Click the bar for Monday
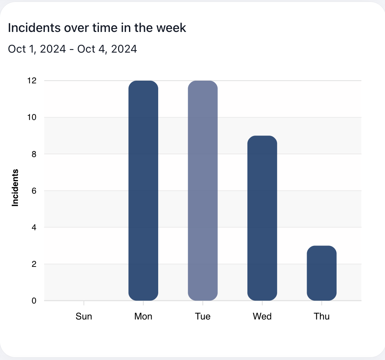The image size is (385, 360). pos(143,191)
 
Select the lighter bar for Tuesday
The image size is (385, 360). pos(203,191)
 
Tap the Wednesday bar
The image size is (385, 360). pos(262,218)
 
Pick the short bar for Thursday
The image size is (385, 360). pos(321,273)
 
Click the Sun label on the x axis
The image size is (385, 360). pos(84,316)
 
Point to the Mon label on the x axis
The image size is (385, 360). pos(143,316)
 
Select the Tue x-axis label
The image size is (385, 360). pos(203,316)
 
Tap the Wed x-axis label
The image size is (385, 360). pos(262,316)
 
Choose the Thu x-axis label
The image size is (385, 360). pos(321,316)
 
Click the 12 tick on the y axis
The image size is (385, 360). pos(32,81)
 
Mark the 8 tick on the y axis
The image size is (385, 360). pos(34,154)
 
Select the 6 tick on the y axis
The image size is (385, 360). pos(34,191)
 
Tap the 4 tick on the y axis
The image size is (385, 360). pos(34,227)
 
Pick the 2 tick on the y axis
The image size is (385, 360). pos(34,264)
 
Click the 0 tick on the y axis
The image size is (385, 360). pos(34,301)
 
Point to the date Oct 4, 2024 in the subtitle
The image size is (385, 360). pos(107,49)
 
